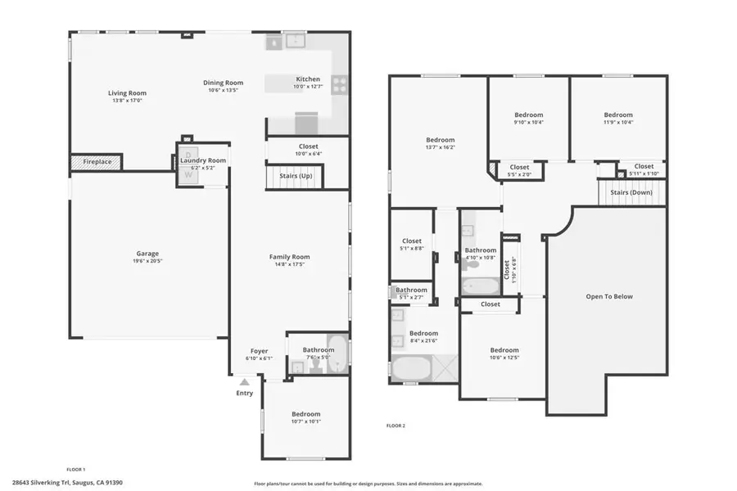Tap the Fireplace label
point(97,162)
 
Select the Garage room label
point(147,254)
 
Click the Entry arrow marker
point(244,381)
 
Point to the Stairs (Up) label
point(294,176)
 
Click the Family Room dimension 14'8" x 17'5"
point(290,264)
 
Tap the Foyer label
point(259,351)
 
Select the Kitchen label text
point(308,79)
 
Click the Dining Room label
point(224,83)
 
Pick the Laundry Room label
point(203,160)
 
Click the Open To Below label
point(609,296)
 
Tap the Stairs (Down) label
point(631,192)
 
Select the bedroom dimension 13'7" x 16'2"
point(440,148)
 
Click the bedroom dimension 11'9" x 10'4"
point(618,123)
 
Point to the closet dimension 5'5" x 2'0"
point(519,174)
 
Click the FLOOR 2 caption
point(396,426)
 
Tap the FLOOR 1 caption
point(75,470)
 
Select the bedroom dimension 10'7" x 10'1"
point(306,422)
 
